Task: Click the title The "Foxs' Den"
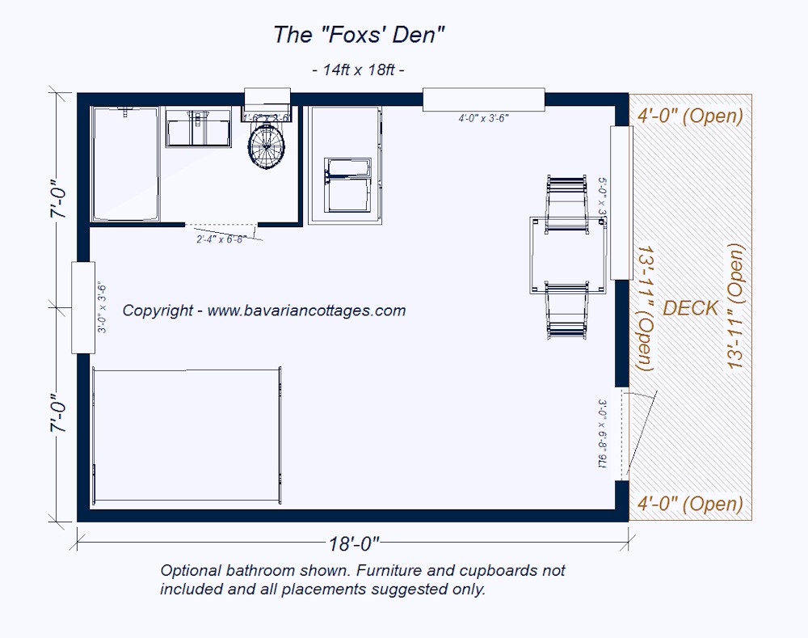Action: tap(360, 35)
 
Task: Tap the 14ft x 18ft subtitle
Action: tap(358, 70)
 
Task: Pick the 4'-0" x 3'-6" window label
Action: tap(483, 118)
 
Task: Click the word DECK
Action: tap(691, 308)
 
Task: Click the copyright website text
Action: tap(264, 311)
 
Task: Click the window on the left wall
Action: tap(83, 307)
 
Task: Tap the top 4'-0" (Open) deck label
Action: tap(689, 116)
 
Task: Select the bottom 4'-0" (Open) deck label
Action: tap(689, 505)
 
